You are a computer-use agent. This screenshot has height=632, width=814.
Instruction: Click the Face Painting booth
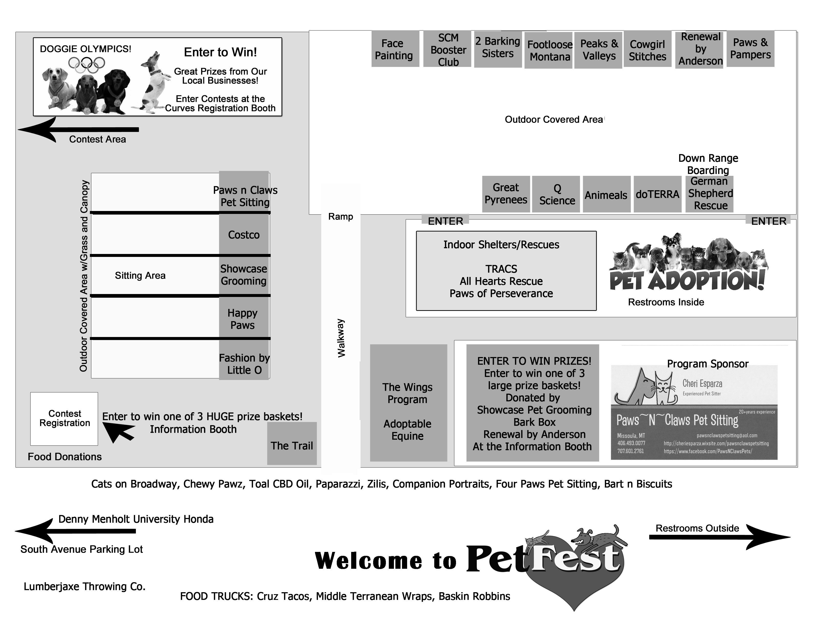coord(395,49)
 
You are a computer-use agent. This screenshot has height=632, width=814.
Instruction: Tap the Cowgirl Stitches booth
coord(647,50)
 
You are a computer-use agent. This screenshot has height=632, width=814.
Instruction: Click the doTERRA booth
coord(657,194)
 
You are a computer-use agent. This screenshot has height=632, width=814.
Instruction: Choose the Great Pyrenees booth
coord(506,194)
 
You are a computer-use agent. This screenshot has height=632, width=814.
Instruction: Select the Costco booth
coord(244,235)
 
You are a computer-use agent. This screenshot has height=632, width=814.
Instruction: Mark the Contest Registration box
coord(64,419)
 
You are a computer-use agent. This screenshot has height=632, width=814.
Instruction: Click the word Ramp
coord(340,216)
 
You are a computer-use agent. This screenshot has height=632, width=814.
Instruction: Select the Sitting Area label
coord(140,276)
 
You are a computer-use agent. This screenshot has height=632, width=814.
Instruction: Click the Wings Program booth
coord(408,403)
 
